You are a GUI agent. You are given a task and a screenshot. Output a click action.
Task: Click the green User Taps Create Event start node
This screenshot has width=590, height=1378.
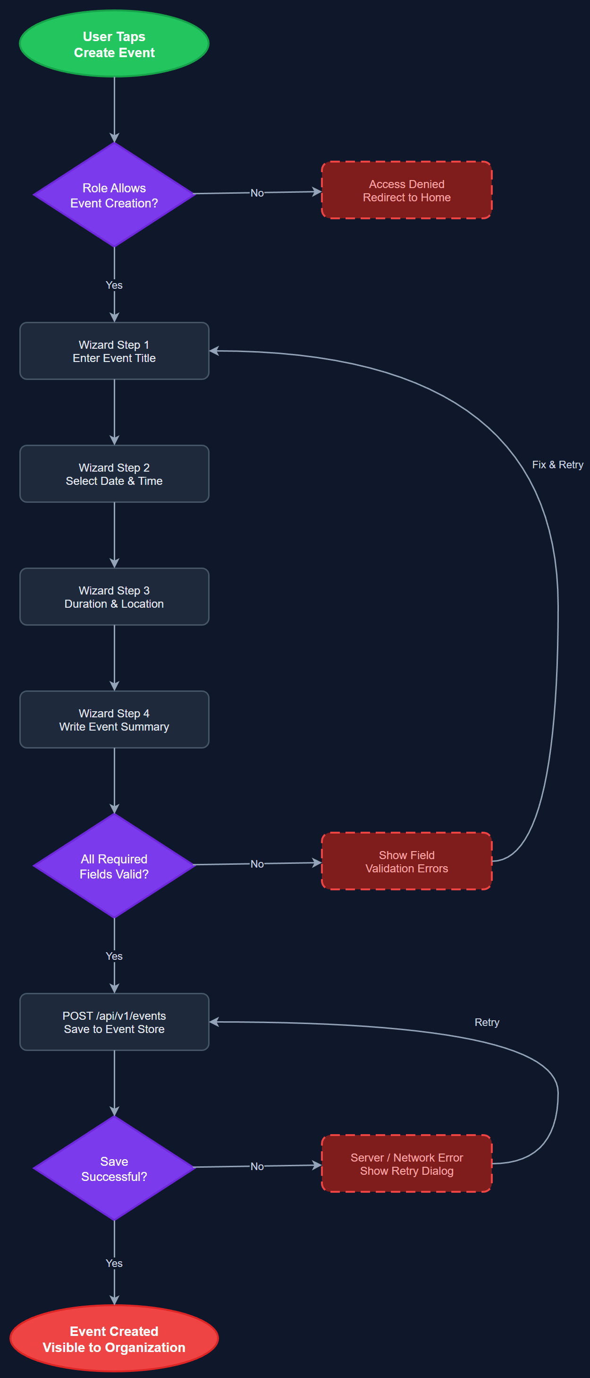click(114, 44)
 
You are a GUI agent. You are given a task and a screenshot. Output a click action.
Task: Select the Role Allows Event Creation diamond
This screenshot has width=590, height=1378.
click(114, 195)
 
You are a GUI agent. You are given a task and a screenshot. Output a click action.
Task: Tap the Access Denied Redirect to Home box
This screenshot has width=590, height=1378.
click(406, 190)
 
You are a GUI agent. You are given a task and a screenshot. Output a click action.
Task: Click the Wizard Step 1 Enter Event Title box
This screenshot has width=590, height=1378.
click(114, 351)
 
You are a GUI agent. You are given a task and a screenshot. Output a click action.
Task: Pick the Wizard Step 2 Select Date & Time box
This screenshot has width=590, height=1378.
click(114, 474)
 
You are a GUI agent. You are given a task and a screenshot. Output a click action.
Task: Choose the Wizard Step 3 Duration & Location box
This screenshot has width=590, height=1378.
click(114, 596)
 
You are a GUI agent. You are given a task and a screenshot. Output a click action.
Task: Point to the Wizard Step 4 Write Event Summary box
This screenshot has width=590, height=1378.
click(114, 720)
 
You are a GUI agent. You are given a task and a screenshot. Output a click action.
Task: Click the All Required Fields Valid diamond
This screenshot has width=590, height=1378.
click(114, 866)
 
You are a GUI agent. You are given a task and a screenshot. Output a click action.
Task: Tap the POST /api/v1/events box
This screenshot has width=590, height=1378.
click(114, 1022)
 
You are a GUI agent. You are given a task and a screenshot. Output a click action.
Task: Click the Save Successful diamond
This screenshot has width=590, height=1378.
click(114, 1168)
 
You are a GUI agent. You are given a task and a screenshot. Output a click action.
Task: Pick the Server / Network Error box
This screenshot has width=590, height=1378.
click(406, 1163)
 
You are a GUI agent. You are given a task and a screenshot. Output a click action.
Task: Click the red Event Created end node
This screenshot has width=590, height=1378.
click(114, 1338)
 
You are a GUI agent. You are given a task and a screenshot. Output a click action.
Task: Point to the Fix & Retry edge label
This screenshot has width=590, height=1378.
click(557, 465)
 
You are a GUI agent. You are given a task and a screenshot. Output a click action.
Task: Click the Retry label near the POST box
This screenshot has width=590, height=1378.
click(486, 1022)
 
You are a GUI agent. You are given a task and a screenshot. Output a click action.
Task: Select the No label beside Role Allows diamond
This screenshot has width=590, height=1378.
click(257, 193)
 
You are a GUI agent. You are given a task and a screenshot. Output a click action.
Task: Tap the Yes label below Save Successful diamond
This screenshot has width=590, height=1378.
click(114, 1263)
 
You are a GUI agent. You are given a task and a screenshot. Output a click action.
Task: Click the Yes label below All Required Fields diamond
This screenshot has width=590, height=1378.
click(114, 956)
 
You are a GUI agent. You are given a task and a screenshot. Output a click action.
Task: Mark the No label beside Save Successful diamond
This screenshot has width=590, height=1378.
click(257, 1166)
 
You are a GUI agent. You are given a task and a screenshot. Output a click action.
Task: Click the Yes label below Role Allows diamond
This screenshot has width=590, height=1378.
click(114, 285)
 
